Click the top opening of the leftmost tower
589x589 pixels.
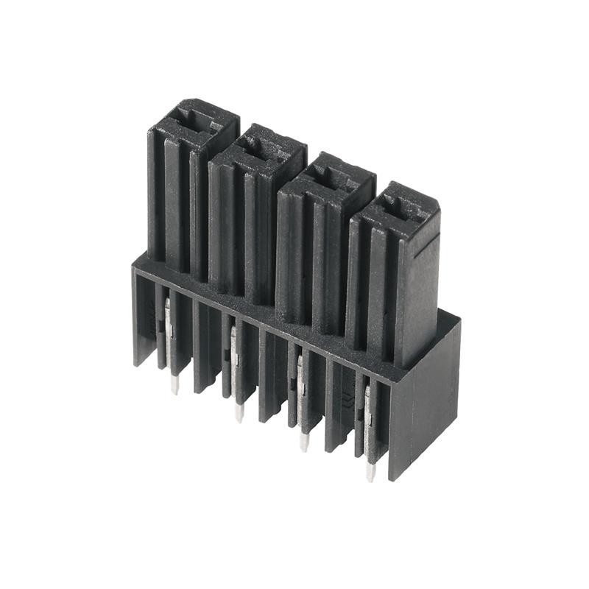tap(193, 120)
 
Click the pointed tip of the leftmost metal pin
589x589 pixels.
tap(174, 387)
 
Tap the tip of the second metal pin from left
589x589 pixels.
tap(239, 415)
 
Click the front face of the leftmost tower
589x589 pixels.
tap(177, 199)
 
